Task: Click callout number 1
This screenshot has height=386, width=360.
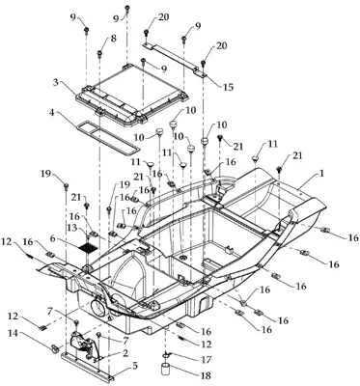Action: coord(321,173)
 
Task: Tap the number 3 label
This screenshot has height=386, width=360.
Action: coord(56,82)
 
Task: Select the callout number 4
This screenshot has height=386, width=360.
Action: coord(51,113)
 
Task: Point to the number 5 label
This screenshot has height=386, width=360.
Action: coord(135,366)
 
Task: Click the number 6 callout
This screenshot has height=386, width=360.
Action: coord(53,238)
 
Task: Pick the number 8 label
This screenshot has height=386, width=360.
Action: coord(114,39)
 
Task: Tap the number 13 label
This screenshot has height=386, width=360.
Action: coord(71,228)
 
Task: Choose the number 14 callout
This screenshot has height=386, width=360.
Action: coord(9,334)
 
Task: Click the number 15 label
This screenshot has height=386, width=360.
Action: coord(228,87)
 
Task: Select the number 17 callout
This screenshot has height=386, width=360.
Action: coord(206,359)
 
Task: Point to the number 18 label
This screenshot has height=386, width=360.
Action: coord(206,375)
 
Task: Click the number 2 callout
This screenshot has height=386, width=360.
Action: coord(125,353)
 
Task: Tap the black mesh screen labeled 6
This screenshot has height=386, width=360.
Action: coord(88,247)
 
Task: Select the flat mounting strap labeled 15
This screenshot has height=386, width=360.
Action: coord(175,57)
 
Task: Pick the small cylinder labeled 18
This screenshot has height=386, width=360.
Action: coord(166,369)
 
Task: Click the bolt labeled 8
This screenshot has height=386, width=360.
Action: coord(100,53)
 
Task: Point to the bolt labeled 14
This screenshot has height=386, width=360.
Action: coord(56,347)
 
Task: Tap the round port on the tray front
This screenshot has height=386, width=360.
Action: coord(99,308)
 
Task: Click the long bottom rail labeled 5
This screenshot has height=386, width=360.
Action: coord(87,366)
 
